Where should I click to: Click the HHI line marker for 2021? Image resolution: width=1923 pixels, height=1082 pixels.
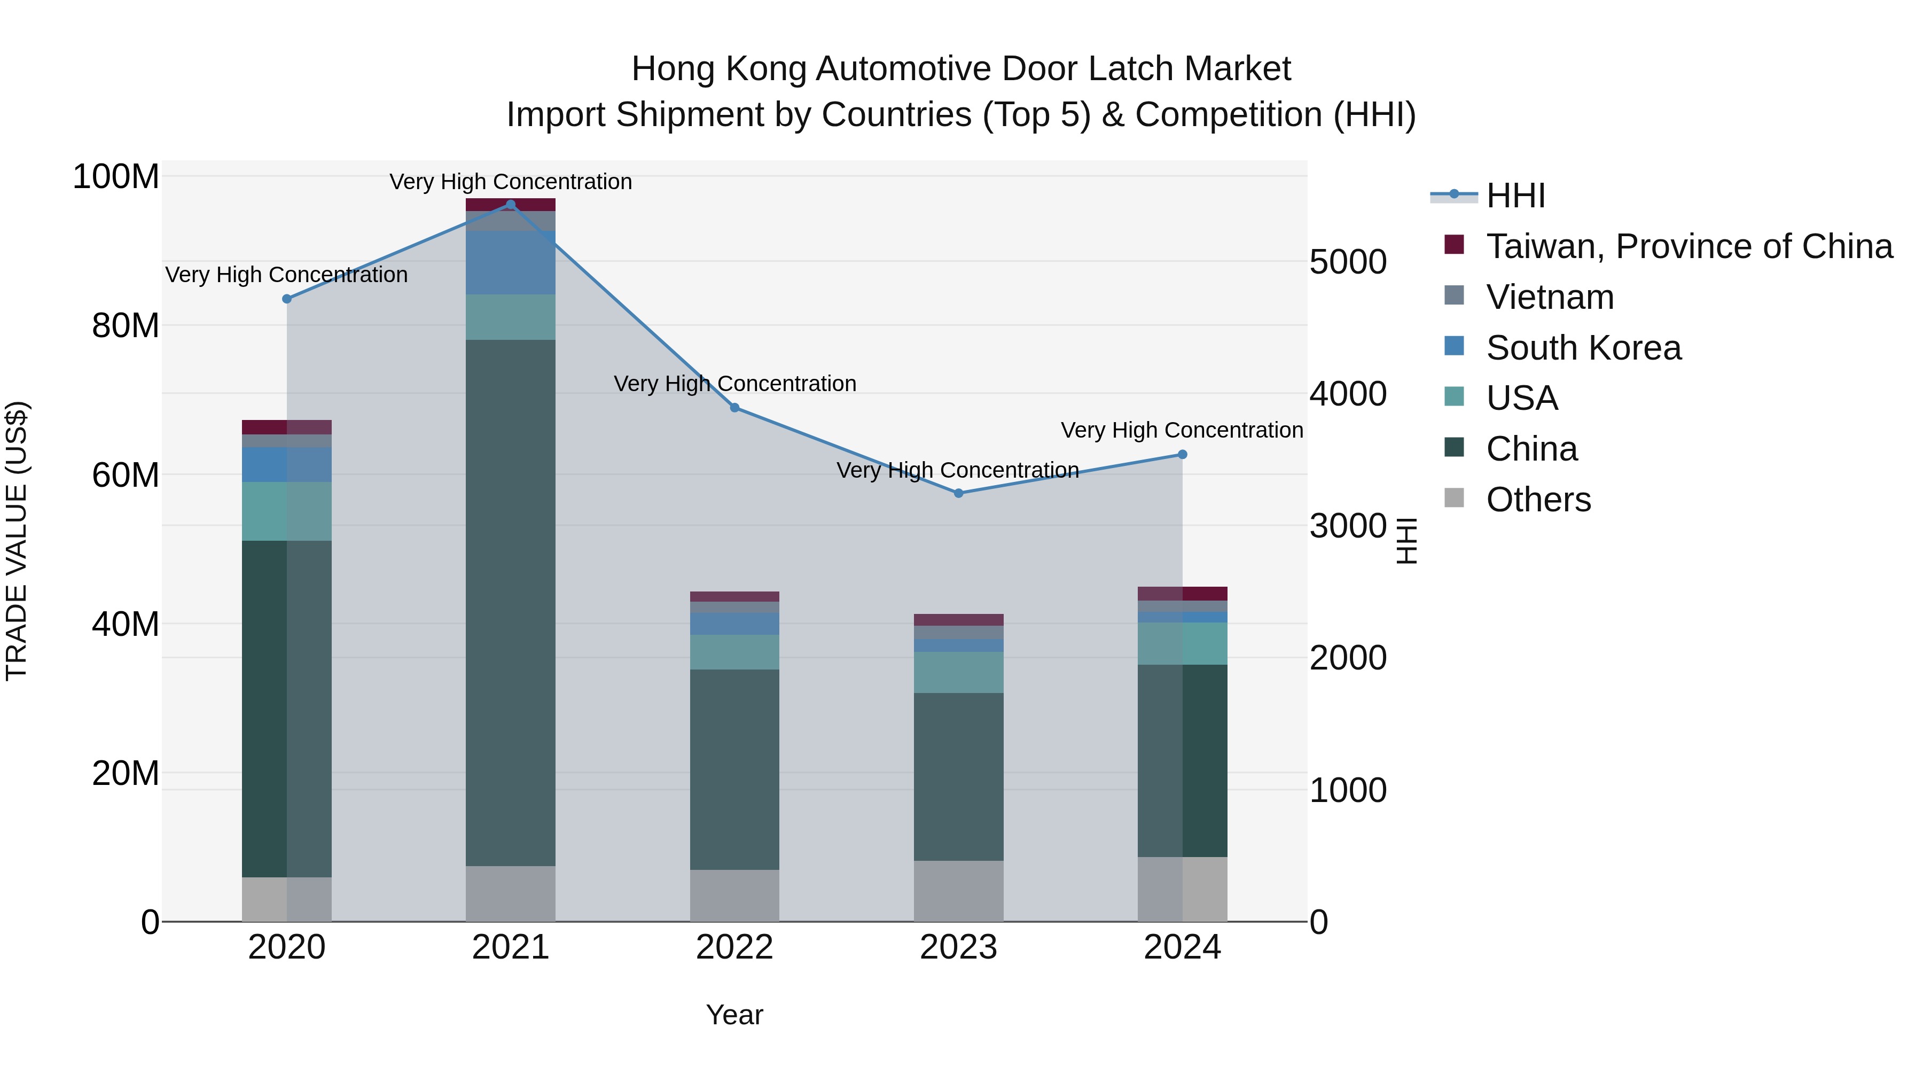[511, 204]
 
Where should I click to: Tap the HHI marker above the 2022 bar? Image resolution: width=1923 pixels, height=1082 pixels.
[734, 408]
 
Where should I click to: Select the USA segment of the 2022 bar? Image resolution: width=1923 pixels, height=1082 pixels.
[734, 652]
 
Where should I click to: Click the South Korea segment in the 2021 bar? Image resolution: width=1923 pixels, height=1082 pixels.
[511, 262]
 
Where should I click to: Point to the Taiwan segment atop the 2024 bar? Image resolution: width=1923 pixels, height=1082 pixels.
[1183, 594]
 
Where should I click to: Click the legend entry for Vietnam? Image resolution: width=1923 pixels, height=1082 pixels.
[1549, 297]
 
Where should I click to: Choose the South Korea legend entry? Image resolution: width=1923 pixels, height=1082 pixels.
[1583, 348]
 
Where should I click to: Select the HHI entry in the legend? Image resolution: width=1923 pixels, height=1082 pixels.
[1515, 196]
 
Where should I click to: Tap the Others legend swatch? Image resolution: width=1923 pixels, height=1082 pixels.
[1454, 498]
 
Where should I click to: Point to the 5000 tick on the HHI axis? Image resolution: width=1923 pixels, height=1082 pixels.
[1348, 262]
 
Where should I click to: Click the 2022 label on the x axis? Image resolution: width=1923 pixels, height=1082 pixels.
[734, 947]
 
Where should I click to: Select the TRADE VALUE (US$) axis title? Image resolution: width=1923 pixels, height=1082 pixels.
[17, 541]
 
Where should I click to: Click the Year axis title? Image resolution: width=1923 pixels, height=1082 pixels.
[734, 1015]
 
